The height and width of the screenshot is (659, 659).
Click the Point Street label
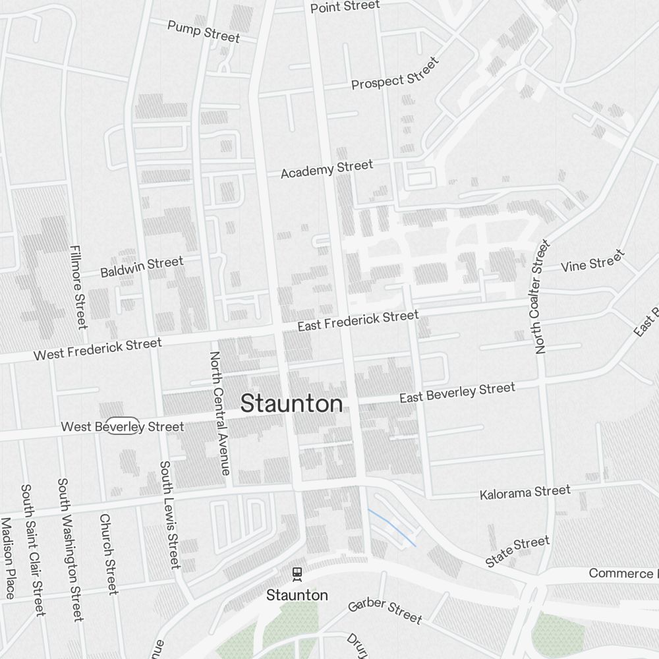click(x=345, y=7)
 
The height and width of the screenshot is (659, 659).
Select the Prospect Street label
click(x=395, y=73)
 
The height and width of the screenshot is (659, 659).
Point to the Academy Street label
click(x=327, y=169)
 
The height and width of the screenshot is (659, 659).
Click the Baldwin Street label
click(x=142, y=267)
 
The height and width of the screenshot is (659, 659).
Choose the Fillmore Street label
click(x=78, y=287)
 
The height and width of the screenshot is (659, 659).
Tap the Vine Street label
click(x=592, y=262)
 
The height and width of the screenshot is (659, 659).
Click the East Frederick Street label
click(x=357, y=321)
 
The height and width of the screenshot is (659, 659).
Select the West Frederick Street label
click(x=98, y=349)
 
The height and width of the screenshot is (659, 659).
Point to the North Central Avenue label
click(x=219, y=413)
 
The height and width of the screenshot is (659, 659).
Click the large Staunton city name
click(x=291, y=404)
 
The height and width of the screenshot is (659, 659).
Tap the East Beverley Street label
click(x=457, y=393)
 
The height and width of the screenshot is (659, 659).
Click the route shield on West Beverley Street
click(x=123, y=426)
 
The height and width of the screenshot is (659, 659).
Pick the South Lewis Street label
click(x=169, y=514)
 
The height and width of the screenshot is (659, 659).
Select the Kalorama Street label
click(x=525, y=492)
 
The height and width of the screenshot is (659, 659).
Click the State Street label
click(x=517, y=552)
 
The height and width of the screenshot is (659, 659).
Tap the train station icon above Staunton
click(x=297, y=573)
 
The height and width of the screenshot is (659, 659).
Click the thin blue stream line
click(x=393, y=528)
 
